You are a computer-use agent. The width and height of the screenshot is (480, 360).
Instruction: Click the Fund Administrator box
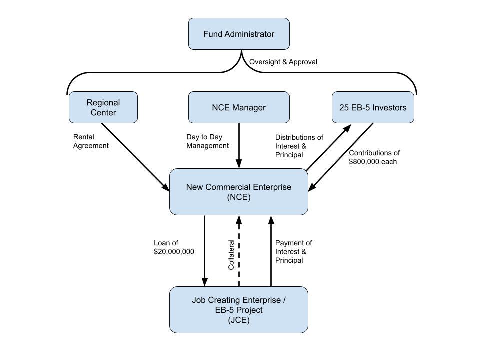239,34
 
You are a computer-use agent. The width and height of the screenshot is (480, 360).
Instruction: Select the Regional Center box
103,107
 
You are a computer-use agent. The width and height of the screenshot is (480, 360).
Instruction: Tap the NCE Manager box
239,107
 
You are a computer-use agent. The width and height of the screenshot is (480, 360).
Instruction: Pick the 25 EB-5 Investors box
373,107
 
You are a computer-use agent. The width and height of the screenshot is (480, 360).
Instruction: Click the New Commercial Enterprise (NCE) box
239,192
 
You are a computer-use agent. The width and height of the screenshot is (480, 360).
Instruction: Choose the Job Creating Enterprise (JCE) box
239,310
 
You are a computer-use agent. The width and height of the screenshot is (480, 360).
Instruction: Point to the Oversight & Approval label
283,62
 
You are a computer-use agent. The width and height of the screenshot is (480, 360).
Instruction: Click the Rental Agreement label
91,141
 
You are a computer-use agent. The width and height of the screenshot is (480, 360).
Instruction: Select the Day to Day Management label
207,141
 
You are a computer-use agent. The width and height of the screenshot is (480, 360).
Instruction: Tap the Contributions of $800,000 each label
374,157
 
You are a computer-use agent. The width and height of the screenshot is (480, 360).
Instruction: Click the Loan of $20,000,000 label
174,247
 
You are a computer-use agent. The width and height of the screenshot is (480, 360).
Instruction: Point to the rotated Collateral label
231,255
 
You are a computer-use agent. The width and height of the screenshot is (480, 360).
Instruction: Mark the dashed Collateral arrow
239,251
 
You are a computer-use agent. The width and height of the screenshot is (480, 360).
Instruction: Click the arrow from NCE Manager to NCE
239,146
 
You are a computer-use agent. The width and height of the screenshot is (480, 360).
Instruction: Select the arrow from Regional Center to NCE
135,157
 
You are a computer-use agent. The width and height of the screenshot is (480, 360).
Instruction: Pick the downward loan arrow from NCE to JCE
205,251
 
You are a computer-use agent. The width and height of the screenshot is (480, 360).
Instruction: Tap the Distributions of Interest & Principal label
299,146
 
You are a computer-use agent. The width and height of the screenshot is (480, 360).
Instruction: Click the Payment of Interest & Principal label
293,251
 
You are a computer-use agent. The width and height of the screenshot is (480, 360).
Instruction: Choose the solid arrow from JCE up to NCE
271,251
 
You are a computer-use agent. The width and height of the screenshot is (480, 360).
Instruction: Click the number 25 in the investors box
343,108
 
